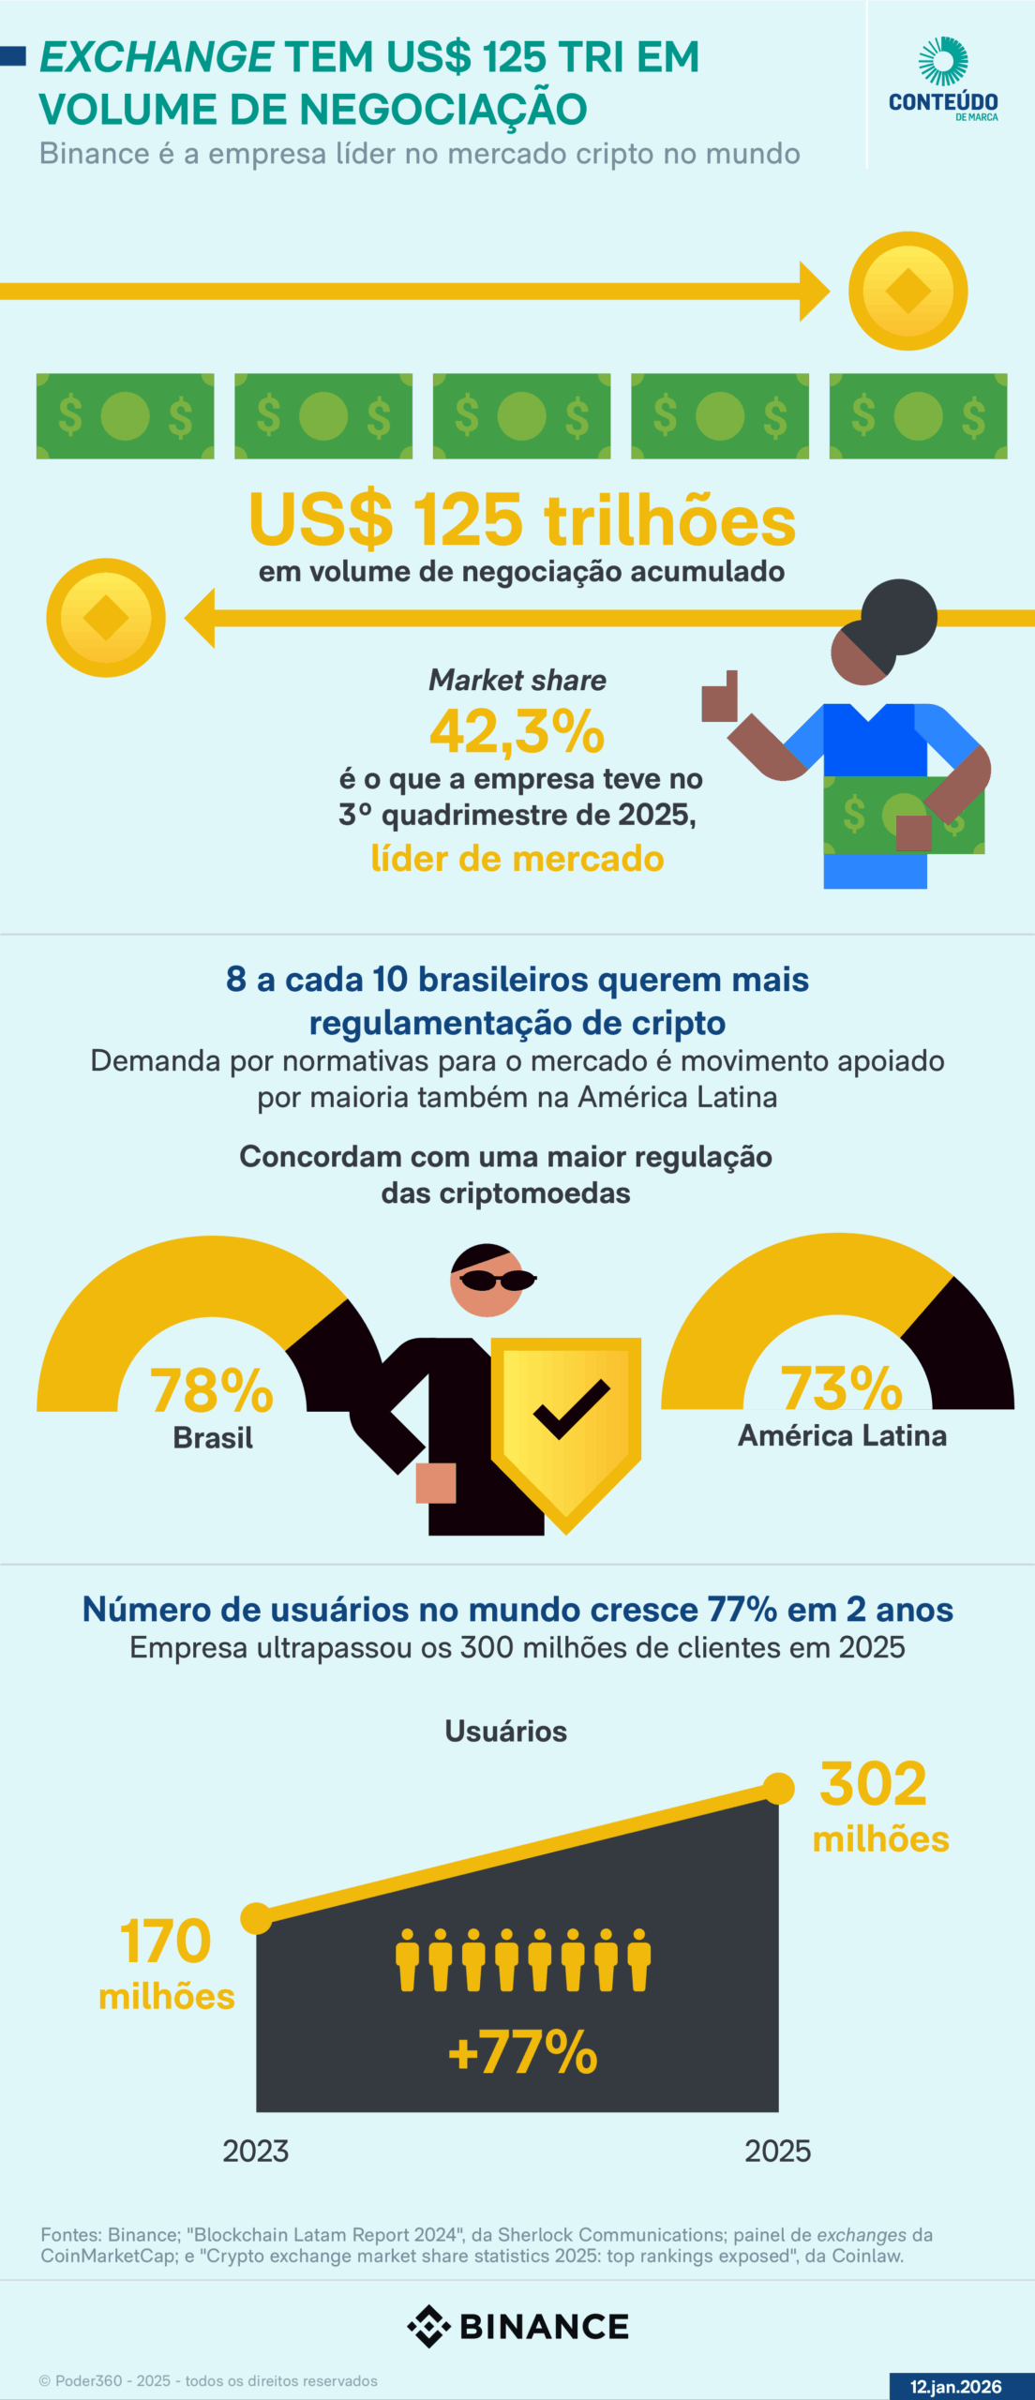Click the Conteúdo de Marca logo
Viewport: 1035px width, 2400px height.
point(943,80)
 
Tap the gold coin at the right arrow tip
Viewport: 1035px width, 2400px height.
point(907,291)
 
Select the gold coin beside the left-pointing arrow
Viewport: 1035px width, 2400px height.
point(106,618)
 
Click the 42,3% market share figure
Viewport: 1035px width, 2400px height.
point(517,731)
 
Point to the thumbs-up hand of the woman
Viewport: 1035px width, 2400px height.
point(720,697)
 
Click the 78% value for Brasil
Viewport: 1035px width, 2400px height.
point(212,1389)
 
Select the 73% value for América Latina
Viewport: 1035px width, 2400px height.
point(841,1387)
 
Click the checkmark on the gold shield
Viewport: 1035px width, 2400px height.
point(571,1408)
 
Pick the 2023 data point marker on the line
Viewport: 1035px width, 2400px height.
point(256,1918)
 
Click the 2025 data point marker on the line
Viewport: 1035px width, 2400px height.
point(778,1789)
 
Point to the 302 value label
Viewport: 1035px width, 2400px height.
point(873,1783)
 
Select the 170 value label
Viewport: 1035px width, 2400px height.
point(166,1941)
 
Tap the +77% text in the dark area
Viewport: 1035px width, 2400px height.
point(523,2052)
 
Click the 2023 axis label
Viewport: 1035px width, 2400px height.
point(255,2151)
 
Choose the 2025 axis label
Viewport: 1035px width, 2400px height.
point(777,2151)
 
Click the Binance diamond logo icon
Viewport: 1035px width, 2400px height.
point(428,2326)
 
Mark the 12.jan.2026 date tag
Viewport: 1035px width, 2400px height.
point(955,2386)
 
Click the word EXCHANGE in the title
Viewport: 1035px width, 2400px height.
point(157,57)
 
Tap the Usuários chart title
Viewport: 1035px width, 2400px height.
point(505,1731)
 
